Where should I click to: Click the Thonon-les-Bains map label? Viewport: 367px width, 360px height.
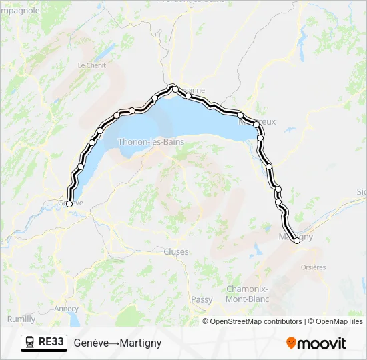point(150,141)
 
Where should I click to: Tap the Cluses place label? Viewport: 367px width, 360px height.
point(176,252)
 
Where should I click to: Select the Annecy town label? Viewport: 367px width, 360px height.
point(66,309)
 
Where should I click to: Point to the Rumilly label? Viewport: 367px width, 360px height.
point(21,319)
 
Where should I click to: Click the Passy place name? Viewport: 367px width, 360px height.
point(202,300)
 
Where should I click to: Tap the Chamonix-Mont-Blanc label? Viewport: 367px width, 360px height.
point(248,294)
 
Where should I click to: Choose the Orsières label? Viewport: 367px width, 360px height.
point(313,267)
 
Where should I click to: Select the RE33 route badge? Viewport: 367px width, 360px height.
point(51,342)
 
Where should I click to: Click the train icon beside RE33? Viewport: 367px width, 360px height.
point(30,342)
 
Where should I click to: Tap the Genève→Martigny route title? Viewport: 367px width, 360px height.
point(117,343)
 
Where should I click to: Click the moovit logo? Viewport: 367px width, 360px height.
point(316,343)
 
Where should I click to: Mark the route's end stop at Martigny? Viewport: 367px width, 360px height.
point(297,241)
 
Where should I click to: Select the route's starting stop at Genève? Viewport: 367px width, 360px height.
point(69,204)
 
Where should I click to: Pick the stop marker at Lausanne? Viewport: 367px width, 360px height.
point(174,87)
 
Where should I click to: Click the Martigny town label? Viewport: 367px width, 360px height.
point(295,237)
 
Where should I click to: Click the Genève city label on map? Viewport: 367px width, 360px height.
point(70,202)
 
